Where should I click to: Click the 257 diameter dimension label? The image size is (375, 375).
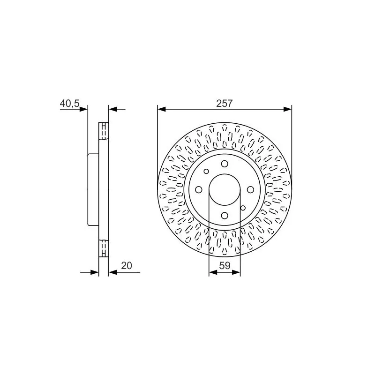(x=225, y=104)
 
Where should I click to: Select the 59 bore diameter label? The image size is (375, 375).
(x=225, y=265)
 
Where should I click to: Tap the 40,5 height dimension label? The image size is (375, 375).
(x=69, y=104)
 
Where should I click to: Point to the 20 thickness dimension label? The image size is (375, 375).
(x=127, y=266)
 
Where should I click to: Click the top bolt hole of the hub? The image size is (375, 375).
(x=225, y=164)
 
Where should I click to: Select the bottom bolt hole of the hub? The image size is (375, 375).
(x=225, y=216)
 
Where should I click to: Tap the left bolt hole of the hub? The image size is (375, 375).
(x=199, y=190)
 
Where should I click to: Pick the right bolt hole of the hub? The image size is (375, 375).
(x=250, y=190)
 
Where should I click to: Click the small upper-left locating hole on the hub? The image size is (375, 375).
(x=206, y=171)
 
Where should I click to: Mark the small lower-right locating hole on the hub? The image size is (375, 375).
(x=243, y=208)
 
